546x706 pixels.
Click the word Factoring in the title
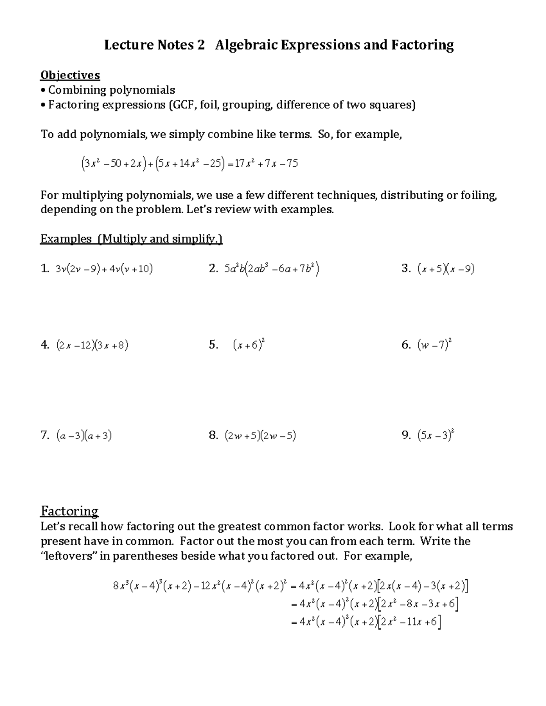(421, 45)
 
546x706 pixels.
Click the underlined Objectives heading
(70, 75)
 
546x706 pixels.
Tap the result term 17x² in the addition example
(243, 163)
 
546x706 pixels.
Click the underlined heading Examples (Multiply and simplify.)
(131, 239)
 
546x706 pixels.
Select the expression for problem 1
(104, 269)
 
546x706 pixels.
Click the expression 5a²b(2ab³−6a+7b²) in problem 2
(271, 269)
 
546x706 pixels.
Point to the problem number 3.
(406, 269)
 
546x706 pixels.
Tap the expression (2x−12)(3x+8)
(92, 345)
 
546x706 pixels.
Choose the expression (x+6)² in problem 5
(248, 345)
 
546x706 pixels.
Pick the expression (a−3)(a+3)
(84, 436)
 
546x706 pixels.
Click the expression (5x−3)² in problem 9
(436, 436)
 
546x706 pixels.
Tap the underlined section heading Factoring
(70, 511)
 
